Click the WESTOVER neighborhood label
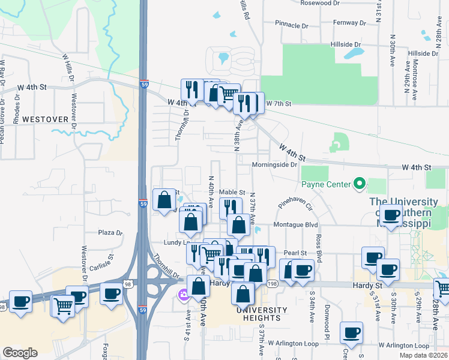tap(45, 119)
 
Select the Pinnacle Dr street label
tap(291, 26)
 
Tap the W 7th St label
tap(279, 104)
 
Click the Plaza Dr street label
tap(110, 233)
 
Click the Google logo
tap(20, 353)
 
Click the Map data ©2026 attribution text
tap(423, 355)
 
